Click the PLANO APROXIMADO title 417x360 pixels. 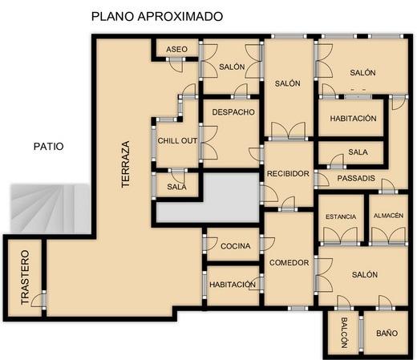coord(157,16)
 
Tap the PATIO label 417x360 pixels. coord(49,147)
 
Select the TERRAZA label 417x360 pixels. coord(125,164)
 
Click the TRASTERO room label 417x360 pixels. coord(25,277)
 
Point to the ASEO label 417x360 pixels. coord(176,49)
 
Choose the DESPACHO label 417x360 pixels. coord(233,112)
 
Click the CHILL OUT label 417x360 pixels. coord(177,140)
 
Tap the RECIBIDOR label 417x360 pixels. coord(288,174)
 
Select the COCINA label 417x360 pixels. coord(236,246)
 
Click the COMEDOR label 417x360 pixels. coord(289,263)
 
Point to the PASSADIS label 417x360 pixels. coord(356,178)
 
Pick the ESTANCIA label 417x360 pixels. coord(341,216)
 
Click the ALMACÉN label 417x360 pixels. coord(388,216)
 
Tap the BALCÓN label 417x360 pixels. coord(344,333)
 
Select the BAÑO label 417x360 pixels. coord(387,334)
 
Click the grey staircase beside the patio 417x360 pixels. coord(50,208)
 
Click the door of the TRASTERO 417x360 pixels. coord(37,300)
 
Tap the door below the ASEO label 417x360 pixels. coord(176,65)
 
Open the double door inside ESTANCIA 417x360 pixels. coord(341,236)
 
